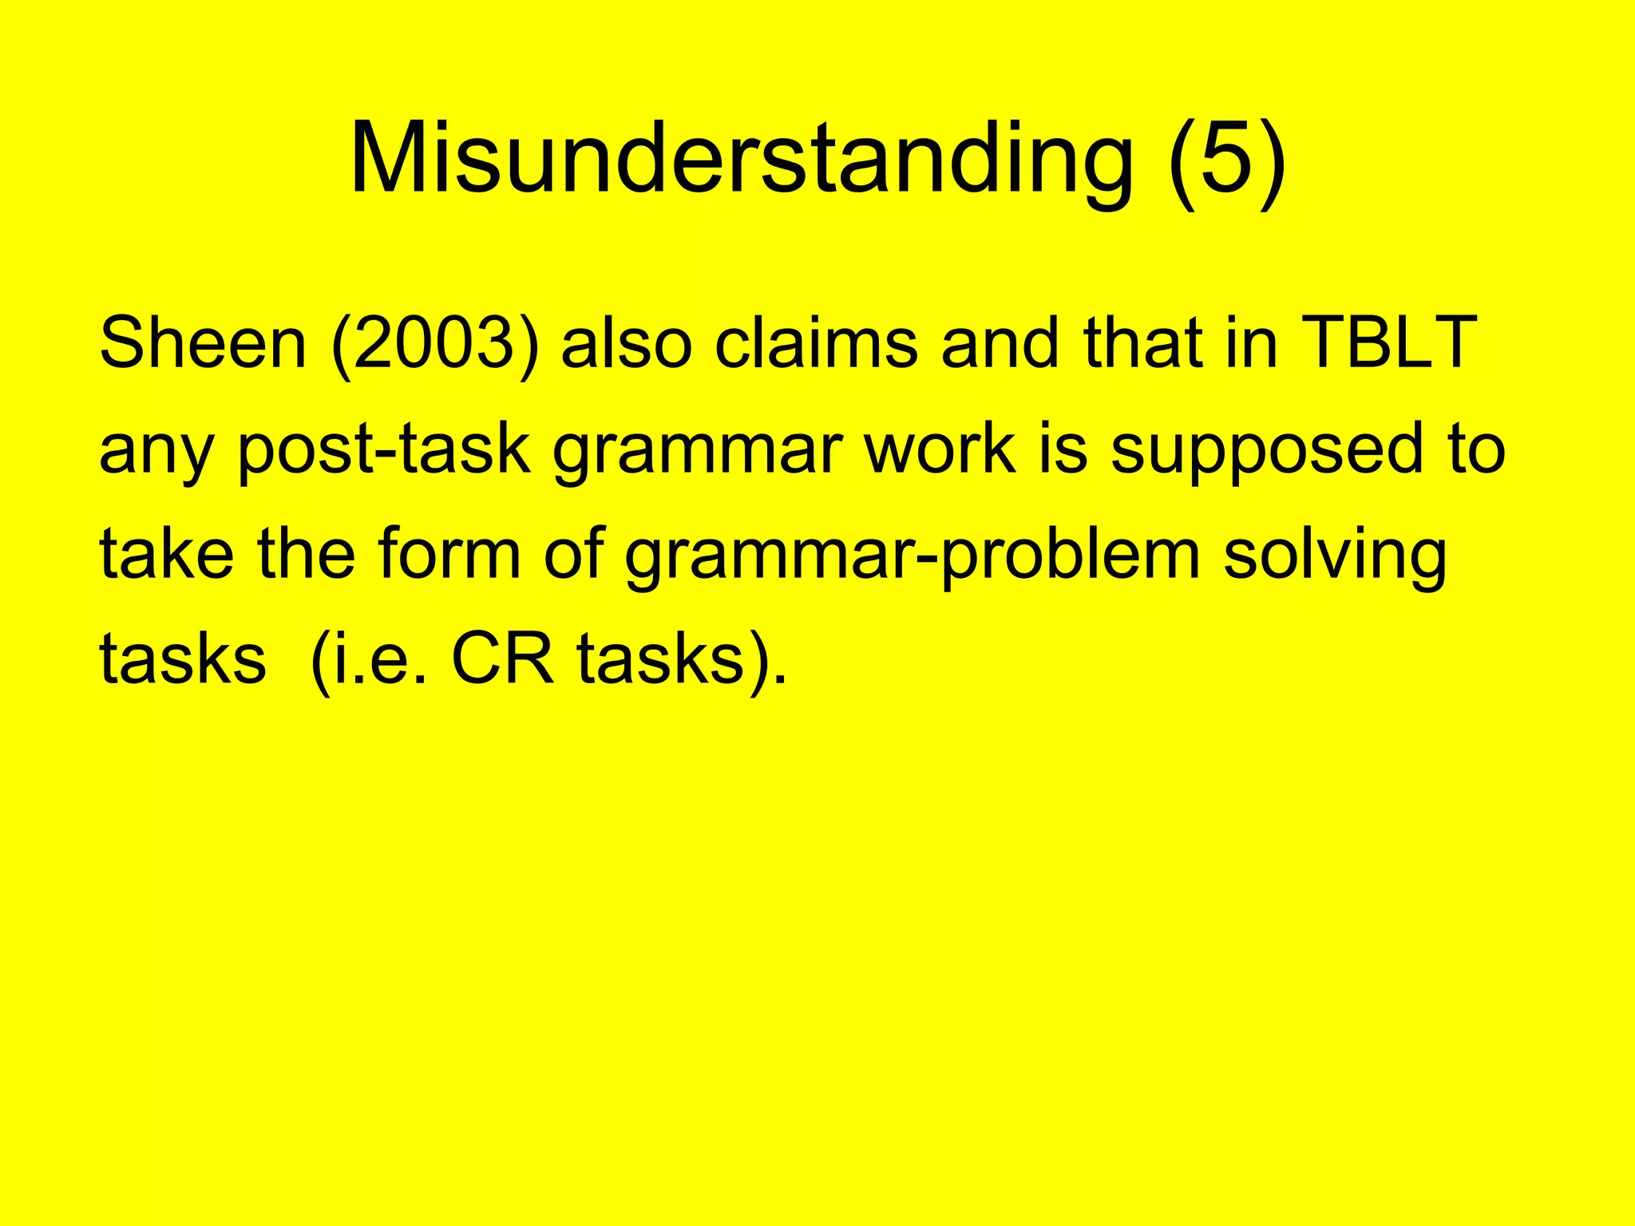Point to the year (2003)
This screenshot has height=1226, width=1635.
(434, 345)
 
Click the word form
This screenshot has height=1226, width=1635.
(449, 554)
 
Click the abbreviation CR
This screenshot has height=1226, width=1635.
(502, 659)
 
